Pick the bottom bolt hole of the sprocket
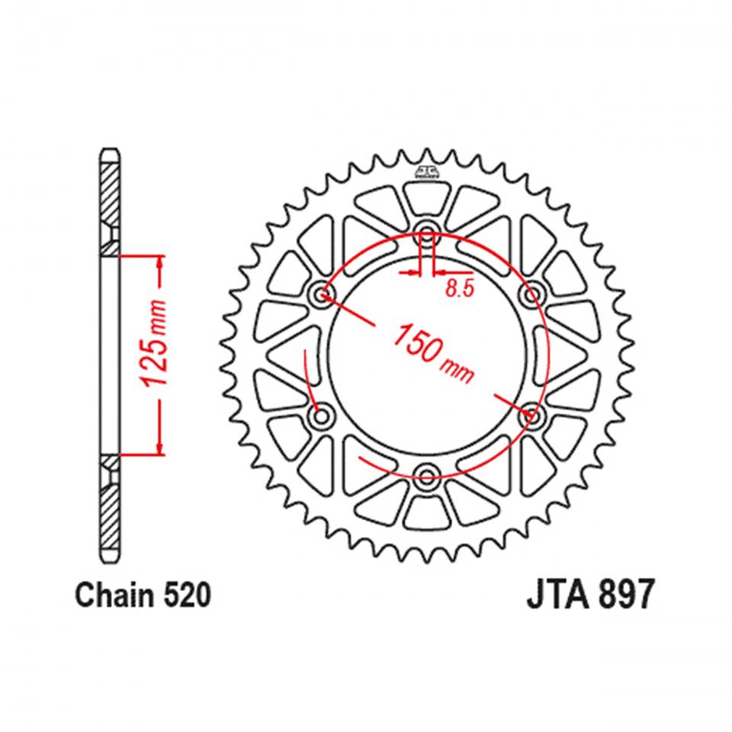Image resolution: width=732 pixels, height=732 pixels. (x=426, y=478)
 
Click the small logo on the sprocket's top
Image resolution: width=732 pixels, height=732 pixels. (x=426, y=172)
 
